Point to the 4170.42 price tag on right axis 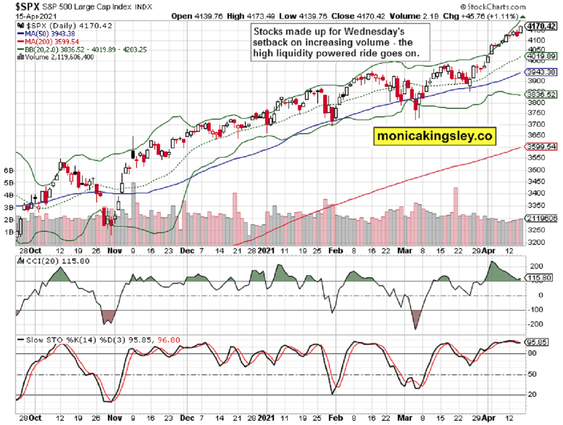tap(541, 26)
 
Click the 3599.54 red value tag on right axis tap(542, 147)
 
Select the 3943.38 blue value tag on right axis tap(542, 72)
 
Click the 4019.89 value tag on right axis tap(542, 56)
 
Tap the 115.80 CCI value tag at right tap(539, 278)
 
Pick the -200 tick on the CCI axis tap(534, 324)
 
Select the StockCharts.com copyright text tap(493, 7)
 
